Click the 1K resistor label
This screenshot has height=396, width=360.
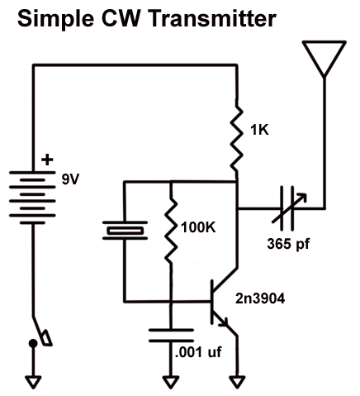tap(261, 129)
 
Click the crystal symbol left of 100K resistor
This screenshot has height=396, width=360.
tap(124, 231)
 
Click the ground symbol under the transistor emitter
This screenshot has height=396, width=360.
tap(237, 382)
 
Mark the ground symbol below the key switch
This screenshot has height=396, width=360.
tap(34, 382)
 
